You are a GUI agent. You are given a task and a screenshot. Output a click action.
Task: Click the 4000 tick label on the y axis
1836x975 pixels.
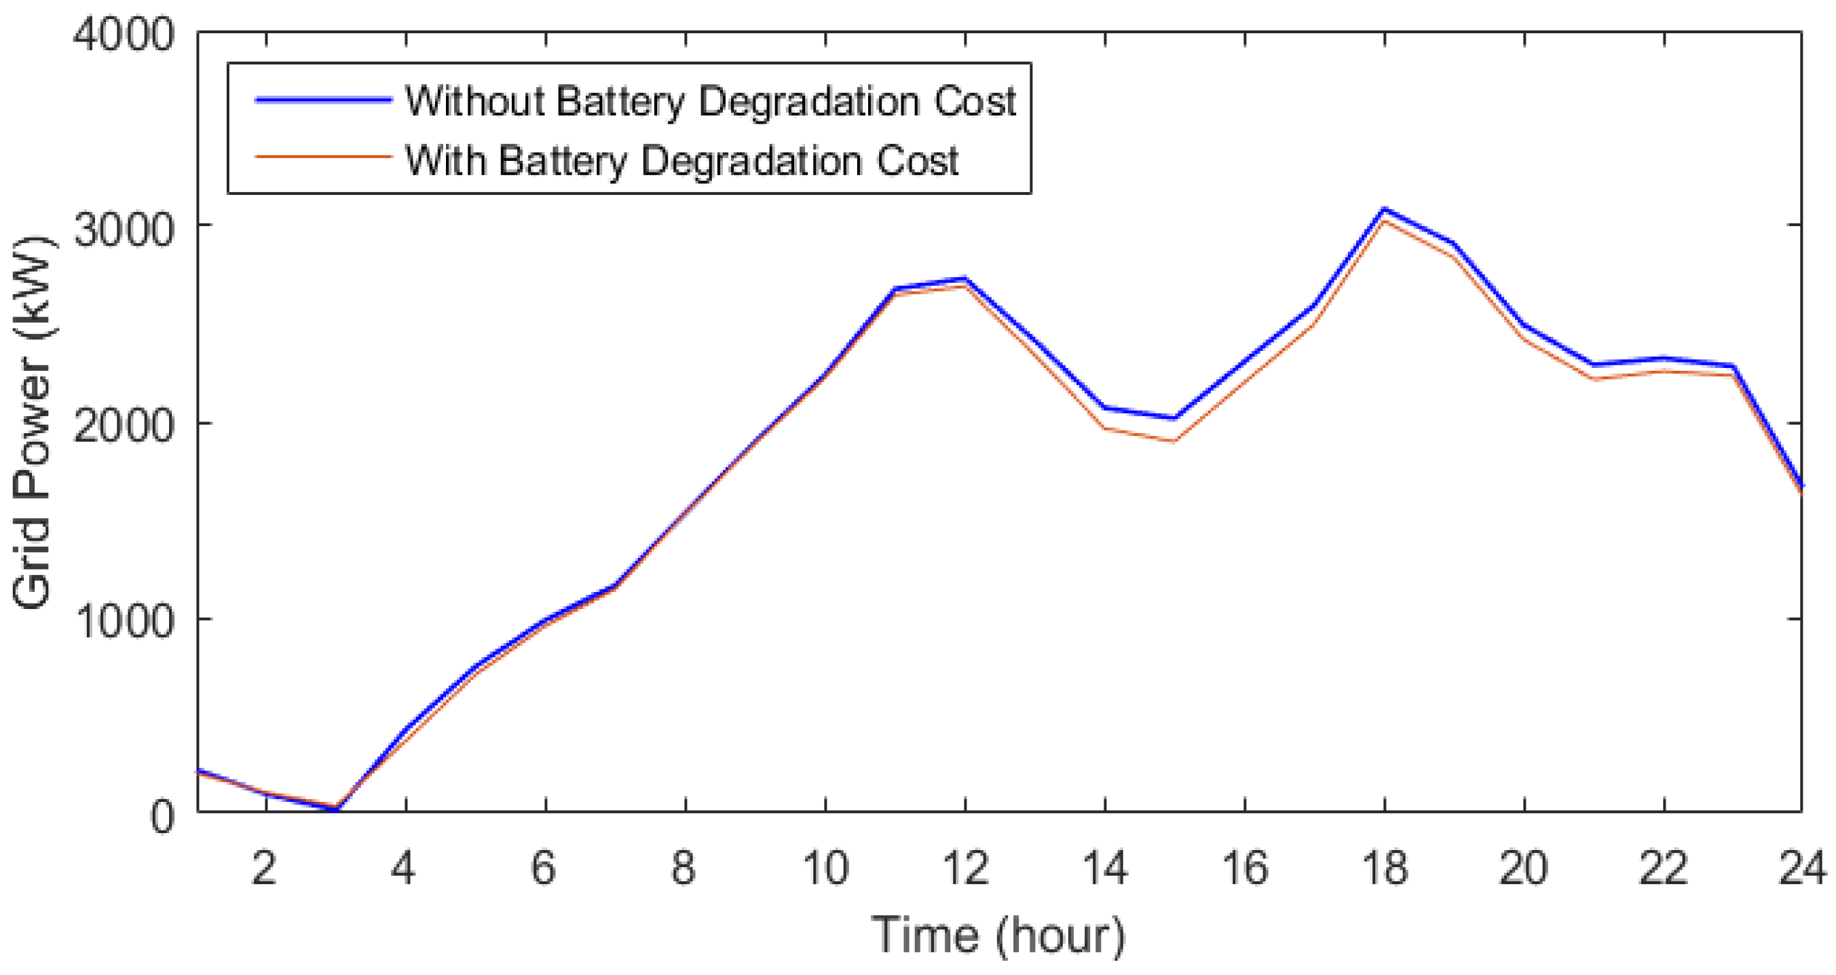pyautogui.click(x=124, y=34)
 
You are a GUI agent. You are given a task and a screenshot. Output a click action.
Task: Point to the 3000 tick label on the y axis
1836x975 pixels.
pyautogui.click(x=124, y=229)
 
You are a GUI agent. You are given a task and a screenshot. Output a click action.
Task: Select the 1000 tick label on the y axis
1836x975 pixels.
pyautogui.click(x=124, y=621)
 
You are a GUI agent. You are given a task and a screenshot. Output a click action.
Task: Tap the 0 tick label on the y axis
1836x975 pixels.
pyautogui.click(x=162, y=816)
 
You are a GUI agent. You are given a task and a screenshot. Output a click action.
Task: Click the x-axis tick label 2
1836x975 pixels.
pyautogui.click(x=265, y=869)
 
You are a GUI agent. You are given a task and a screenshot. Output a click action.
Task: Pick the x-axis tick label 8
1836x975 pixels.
pyautogui.click(x=683, y=869)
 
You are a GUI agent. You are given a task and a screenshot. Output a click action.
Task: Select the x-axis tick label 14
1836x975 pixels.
pyautogui.click(x=1105, y=869)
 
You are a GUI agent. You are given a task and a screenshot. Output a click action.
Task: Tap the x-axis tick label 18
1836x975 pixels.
pyautogui.click(x=1385, y=869)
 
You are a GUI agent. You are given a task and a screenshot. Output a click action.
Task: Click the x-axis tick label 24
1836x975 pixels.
pyautogui.click(x=1803, y=869)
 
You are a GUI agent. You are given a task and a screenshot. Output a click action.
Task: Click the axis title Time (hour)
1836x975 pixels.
pyautogui.click(x=998, y=935)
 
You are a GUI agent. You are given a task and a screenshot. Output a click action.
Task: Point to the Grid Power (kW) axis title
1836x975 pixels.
pyautogui.click(x=33, y=424)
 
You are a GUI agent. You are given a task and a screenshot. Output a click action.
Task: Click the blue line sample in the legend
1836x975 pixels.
pyautogui.click(x=324, y=100)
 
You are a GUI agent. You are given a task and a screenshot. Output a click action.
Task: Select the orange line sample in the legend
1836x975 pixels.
pyautogui.click(x=324, y=157)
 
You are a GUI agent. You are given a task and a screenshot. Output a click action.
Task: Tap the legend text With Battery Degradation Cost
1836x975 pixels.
pyautogui.click(x=681, y=160)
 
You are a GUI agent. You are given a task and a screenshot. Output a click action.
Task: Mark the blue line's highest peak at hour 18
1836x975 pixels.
pyautogui.click(x=1384, y=209)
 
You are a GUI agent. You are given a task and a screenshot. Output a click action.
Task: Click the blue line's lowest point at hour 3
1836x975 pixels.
pyautogui.click(x=337, y=809)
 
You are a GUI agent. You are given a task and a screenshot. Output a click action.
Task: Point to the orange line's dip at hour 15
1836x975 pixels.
pyautogui.click(x=1174, y=441)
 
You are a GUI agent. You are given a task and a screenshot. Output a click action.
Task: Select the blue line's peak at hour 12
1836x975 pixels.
pyautogui.click(x=964, y=278)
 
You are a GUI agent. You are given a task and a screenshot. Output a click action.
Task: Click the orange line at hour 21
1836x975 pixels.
pyautogui.click(x=1594, y=378)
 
